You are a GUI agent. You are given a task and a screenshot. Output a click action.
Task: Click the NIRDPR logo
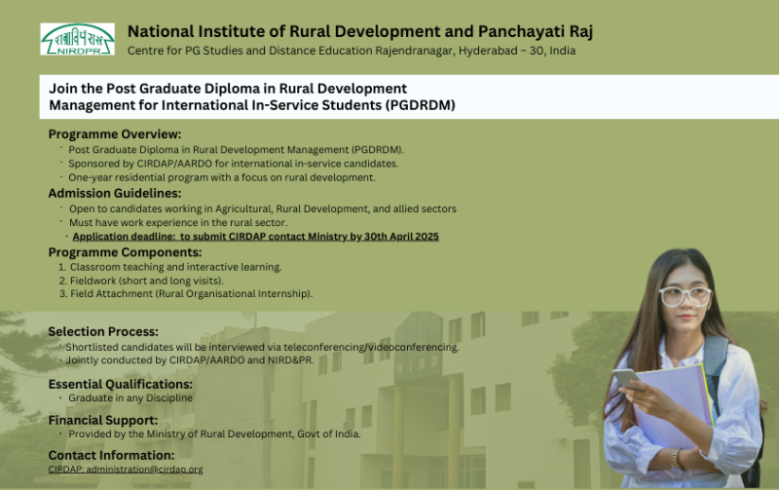[78, 39]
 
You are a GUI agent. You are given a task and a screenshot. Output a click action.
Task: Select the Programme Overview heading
[115, 134]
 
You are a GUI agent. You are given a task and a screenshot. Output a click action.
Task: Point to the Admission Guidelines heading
[115, 193]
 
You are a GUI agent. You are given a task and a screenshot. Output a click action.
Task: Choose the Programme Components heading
[126, 252]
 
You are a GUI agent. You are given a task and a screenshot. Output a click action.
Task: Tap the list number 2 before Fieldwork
[62, 281]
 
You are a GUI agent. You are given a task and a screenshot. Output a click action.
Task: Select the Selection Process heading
[103, 332]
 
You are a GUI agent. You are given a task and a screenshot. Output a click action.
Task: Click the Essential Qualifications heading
[120, 384]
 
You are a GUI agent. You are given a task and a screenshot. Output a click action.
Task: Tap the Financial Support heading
[103, 421]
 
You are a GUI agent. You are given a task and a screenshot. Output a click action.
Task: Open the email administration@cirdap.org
[144, 470]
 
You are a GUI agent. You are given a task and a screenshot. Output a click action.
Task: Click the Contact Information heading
[111, 455]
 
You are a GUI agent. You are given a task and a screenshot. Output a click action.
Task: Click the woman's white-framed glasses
[686, 296]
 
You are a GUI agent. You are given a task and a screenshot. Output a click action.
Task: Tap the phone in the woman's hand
[627, 379]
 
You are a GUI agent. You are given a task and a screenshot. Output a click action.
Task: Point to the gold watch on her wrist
[675, 458]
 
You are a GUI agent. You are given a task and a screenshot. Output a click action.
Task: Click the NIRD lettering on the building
[417, 364]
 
